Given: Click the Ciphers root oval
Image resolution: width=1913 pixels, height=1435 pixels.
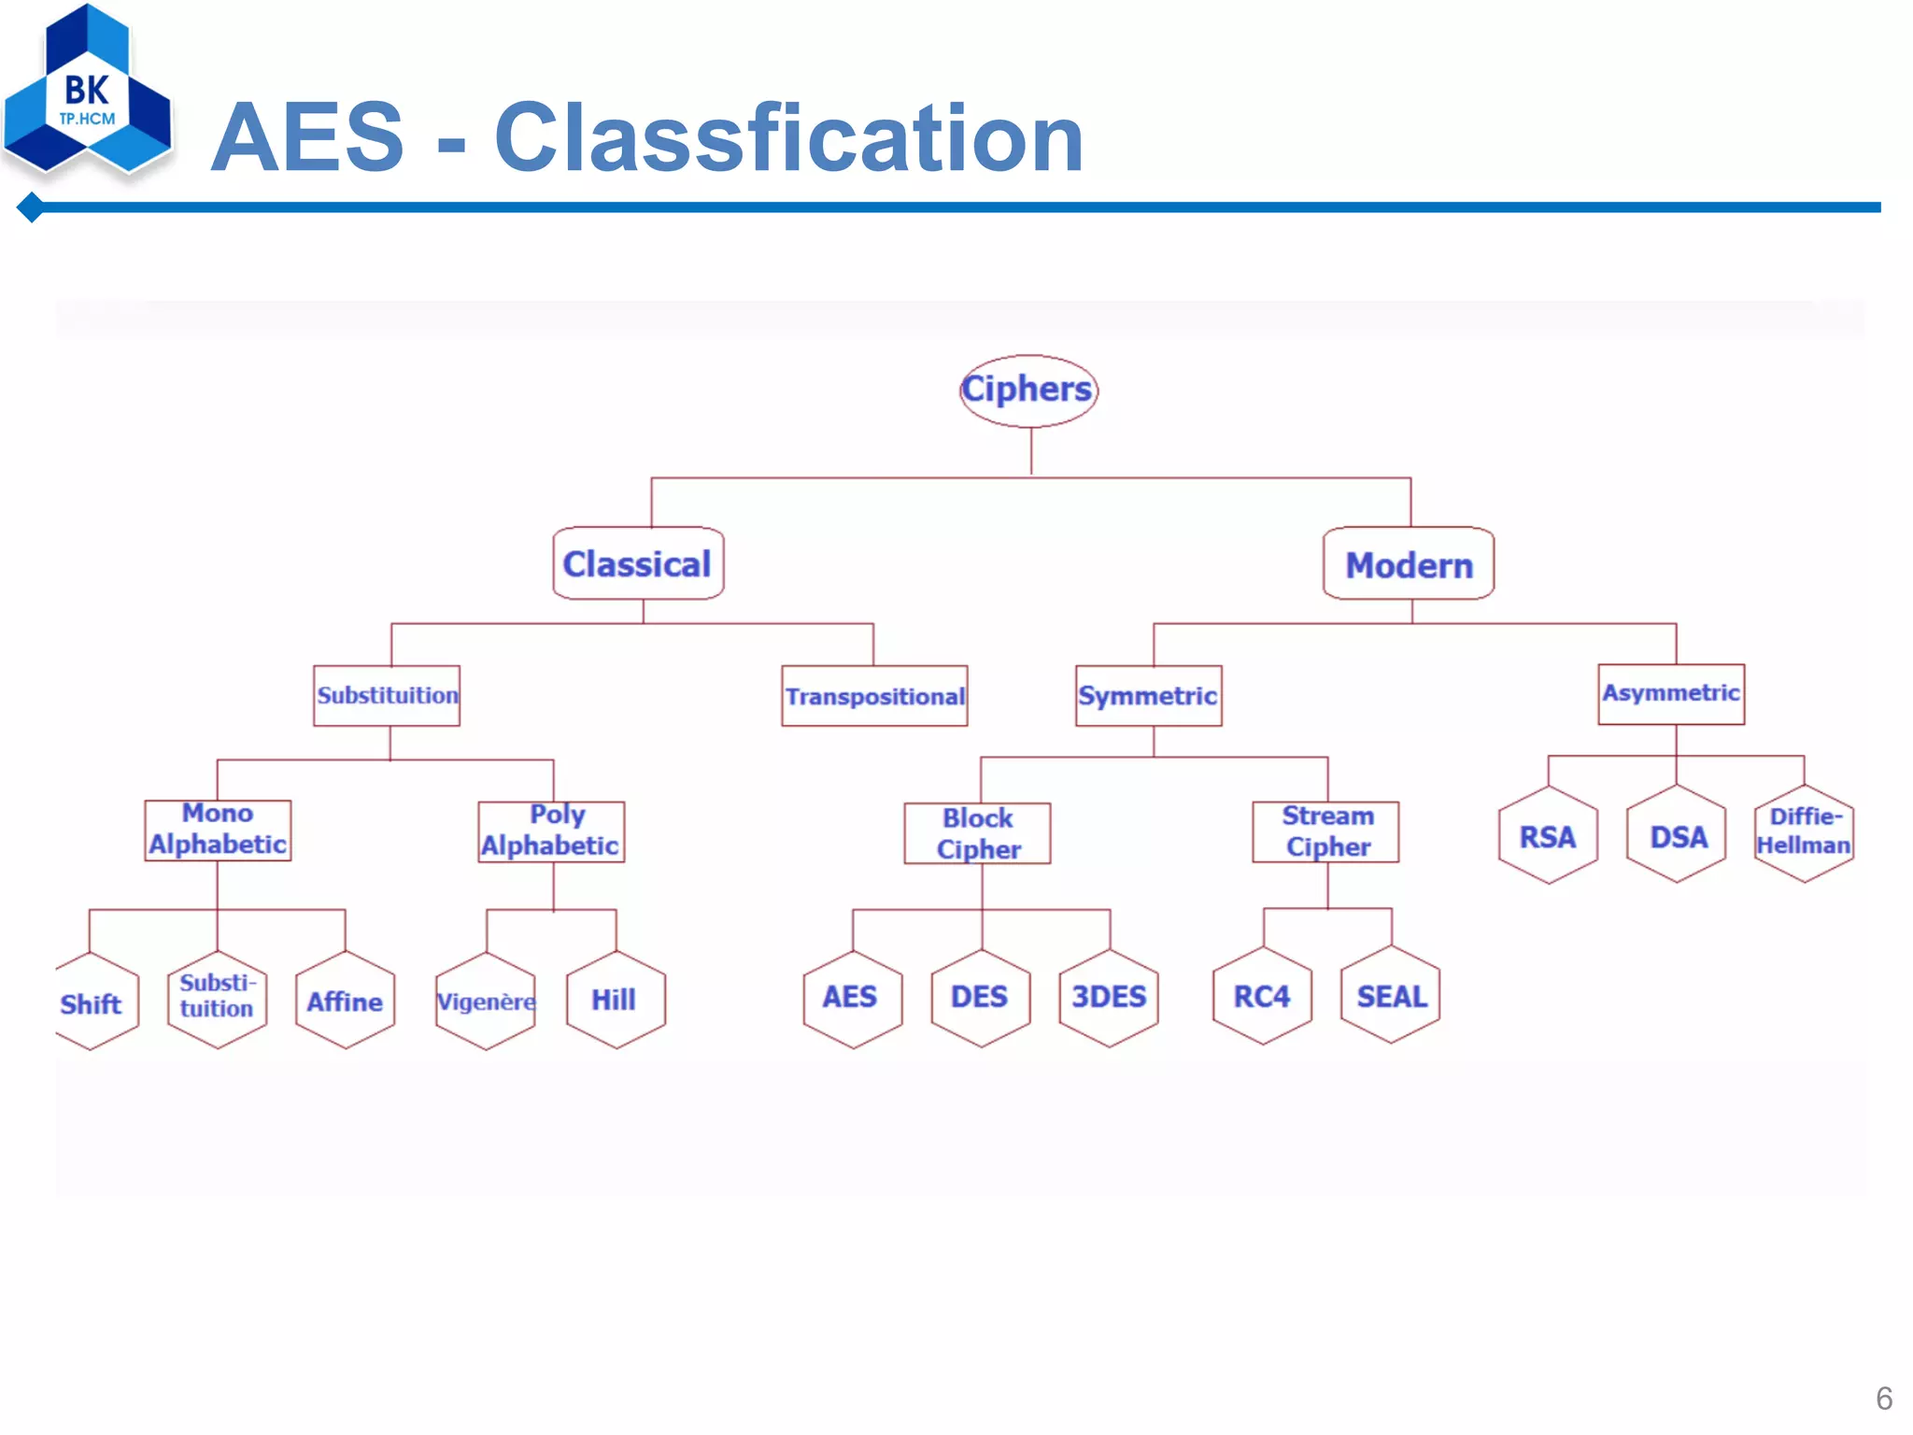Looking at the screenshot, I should click(1028, 391).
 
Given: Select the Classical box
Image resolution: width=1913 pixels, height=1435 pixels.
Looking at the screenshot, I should click(638, 563).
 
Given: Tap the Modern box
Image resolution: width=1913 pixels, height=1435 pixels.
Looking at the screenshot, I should click(1409, 563).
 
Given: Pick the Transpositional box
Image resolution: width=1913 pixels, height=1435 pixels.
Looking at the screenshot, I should click(874, 696).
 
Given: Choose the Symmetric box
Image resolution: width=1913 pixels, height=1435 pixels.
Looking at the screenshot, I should click(1148, 696).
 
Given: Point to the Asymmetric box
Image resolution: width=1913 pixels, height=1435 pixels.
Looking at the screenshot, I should click(1671, 694).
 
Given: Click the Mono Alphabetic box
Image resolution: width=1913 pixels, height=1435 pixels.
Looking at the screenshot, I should click(218, 831).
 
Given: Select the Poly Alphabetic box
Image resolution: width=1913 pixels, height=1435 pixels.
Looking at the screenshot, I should click(551, 831).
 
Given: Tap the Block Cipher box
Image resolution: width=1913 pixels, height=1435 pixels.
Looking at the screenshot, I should click(977, 833).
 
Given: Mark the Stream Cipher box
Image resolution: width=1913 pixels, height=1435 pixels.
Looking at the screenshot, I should click(1325, 831).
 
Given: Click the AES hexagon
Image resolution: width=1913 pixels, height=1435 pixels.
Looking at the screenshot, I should click(852, 998).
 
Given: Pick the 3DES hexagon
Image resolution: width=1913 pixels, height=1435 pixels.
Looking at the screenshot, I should click(1109, 998).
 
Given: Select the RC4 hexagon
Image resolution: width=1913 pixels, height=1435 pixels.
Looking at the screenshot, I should click(1262, 996).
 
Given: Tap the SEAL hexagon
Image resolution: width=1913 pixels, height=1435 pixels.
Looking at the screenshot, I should click(1391, 996).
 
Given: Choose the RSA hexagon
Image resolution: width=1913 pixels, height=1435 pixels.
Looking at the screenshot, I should click(1548, 836).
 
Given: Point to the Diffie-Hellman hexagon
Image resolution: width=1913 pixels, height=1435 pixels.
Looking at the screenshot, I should click(1804, 832).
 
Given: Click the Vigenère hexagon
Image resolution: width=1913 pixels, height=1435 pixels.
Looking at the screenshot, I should click(486, 1002).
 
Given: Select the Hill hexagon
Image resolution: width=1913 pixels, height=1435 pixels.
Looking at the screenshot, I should click(616, 1000).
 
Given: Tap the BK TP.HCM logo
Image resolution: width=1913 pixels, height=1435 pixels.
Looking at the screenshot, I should click(88, 93).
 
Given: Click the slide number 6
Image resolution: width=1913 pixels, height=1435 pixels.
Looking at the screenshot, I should click(1883, 1398).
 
